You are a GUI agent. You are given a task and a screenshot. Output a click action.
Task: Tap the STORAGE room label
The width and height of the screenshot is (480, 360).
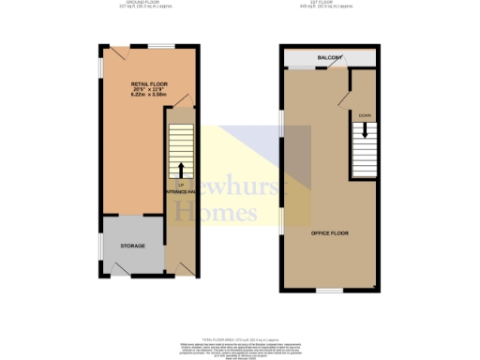pyautogui.click(x=132, y=246)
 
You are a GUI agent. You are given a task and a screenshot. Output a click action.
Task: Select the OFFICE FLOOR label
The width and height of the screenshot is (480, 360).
pyautogui.click(x=330, y=231)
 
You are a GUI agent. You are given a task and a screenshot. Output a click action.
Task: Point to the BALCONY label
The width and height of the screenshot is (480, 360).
pyautogui.click(x=328, y=58)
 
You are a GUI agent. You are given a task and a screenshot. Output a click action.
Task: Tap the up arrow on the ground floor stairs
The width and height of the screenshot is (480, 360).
pyautogui.click(x=180, y=169)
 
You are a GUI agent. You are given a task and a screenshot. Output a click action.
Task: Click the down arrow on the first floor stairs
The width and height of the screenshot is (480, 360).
pyautogui.click(x=365, y=132)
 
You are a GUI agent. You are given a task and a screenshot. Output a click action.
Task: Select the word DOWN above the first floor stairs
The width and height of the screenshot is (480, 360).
pyautogui.click(x=365, y=115)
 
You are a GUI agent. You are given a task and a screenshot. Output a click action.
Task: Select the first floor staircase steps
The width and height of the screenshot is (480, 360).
pyautogui.click(x=366, y=150)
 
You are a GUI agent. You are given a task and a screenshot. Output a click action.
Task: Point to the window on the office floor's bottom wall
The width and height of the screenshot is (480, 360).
pyautogui.click(x=328, y=291)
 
